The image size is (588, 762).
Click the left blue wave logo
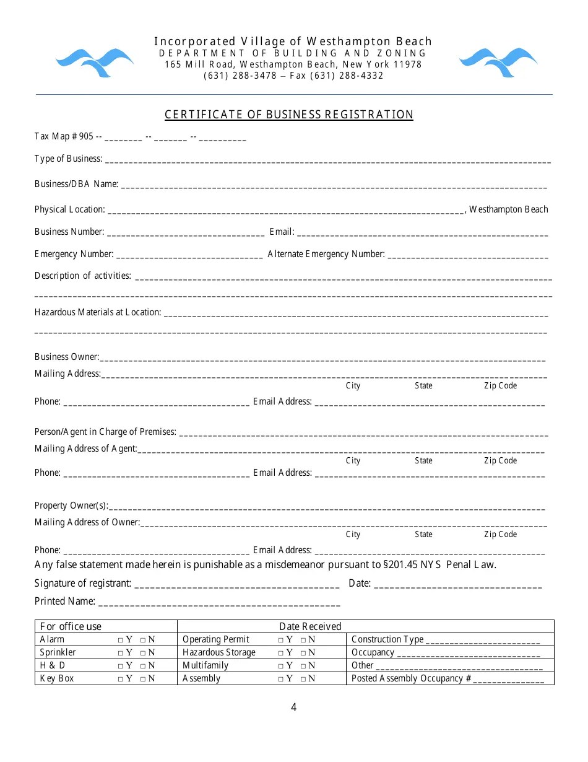point(94,63)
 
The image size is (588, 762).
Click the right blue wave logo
point(498,63)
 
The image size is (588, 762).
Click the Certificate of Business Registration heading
point(288,115)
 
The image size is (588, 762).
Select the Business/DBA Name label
point(76,184)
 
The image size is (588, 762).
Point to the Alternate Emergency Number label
point(326,254)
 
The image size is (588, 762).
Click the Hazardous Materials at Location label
point(98,312)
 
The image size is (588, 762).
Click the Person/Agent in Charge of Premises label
point(105,432)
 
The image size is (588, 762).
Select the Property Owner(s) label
point(71,506)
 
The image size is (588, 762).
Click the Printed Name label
point(65,601)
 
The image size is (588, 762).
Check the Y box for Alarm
point(119,640)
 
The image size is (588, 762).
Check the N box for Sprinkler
point(143,653)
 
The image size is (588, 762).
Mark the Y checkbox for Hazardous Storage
point(280,653)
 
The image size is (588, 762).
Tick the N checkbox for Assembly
point(303,679)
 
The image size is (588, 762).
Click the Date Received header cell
point(310,626)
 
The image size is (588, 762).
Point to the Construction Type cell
point(446,639)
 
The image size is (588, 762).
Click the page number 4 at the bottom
point(293,707)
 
